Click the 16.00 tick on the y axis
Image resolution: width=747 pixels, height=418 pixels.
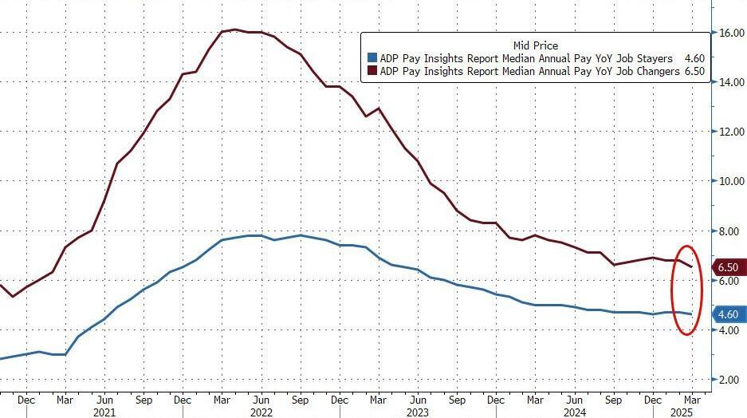coord(731,33)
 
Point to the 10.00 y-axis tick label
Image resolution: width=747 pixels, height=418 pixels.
coord(731,181)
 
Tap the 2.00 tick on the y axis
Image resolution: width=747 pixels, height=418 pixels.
coord(729,380)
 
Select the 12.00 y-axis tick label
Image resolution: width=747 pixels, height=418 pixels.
coord(731,132)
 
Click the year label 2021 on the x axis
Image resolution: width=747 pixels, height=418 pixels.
coord(104,412)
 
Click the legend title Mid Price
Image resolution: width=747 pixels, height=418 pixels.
coord(535,45)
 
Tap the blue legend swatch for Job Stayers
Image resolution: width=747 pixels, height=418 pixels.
coord(372,58)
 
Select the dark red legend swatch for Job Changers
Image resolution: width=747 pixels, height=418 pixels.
coord(372,70)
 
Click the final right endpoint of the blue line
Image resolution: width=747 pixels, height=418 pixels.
coord(691,314)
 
